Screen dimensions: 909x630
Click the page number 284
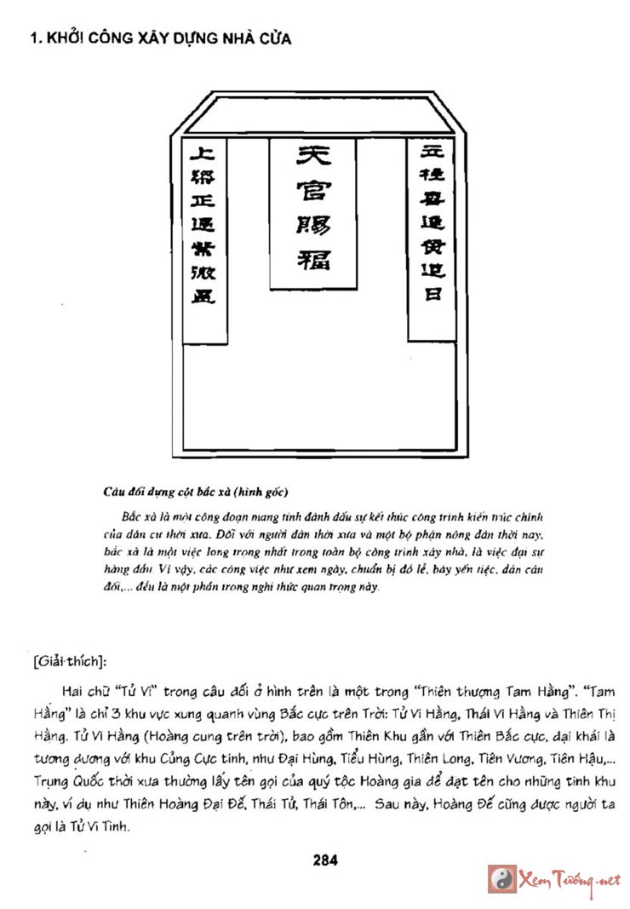[x=325, y=860]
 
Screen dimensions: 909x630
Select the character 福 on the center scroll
[x=312, y=258]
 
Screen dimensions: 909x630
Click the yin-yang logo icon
[x=501, y=878]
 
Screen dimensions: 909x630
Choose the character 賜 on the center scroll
[x=312, y=224]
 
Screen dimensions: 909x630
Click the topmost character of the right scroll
[x=432, y=154]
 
